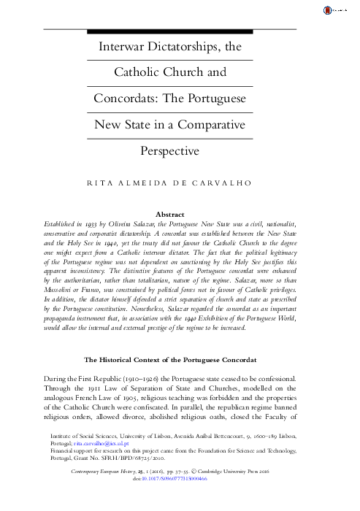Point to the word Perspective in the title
coord(180,151)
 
